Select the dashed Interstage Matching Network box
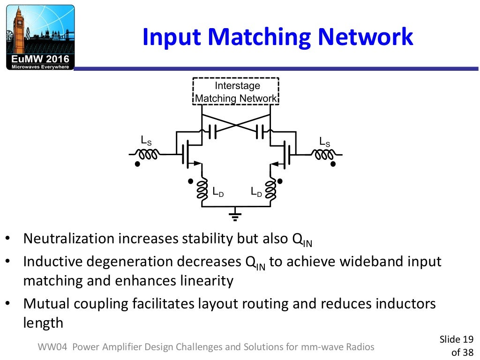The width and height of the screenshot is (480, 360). pos(236,92)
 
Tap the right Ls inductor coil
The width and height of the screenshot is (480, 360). pos(324,154)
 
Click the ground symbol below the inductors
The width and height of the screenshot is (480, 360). pos(235,216)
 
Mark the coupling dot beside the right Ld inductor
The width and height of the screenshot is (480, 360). pos(280,180)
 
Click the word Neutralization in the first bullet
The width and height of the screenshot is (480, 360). pos(69,239)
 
